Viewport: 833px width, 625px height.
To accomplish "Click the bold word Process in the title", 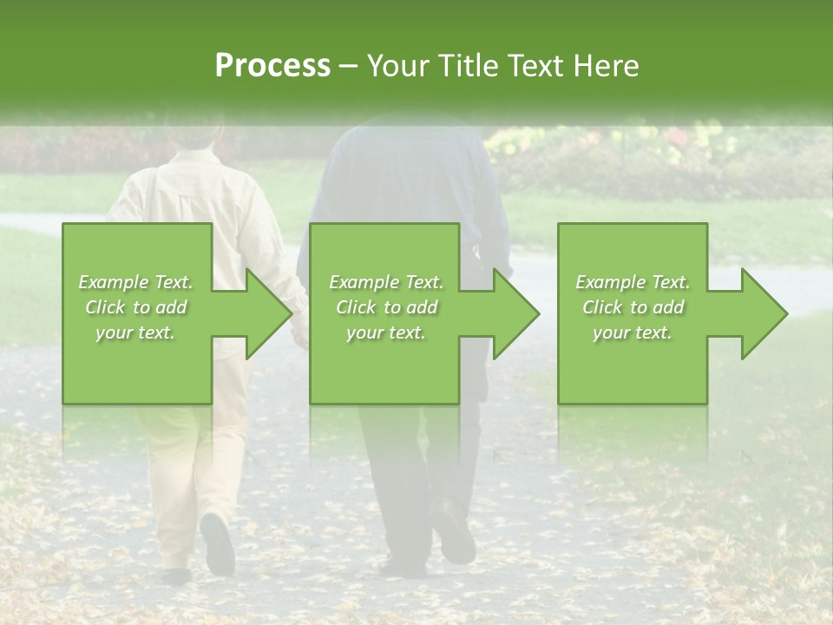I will pyautogui.click(x=272, y=66).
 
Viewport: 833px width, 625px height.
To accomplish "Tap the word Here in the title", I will pyautogui.click(x=607, y=66).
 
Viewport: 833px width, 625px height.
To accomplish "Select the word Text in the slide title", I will pyautogui.click(x=537, y=66).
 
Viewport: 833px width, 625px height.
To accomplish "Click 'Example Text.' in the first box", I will pyautogui.click(x=136, y=282).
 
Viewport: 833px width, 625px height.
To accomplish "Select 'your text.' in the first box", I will pyautogui.click(x=136, y=332).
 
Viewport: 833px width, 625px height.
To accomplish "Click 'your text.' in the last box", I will pyautogui.click(x=633, y=332).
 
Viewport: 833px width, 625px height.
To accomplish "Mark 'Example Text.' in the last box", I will pyautogui.click(x=633, y=282).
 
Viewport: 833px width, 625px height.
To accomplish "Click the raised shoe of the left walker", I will pyautogui.click(x=217, y=543).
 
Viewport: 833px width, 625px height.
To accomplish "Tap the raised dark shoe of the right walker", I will pyautogui.click(x=454, y=531).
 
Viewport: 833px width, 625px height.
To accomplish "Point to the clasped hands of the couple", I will pyautogui.click(x=301, y=331).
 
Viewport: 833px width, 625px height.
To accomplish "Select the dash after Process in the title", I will pyautogui.click(x=349, y=67).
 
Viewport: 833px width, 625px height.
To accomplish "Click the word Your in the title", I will pyautogui.click(x=400, y=66).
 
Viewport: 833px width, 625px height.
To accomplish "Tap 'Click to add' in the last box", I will pyautogui.click(x=633, y=307).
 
